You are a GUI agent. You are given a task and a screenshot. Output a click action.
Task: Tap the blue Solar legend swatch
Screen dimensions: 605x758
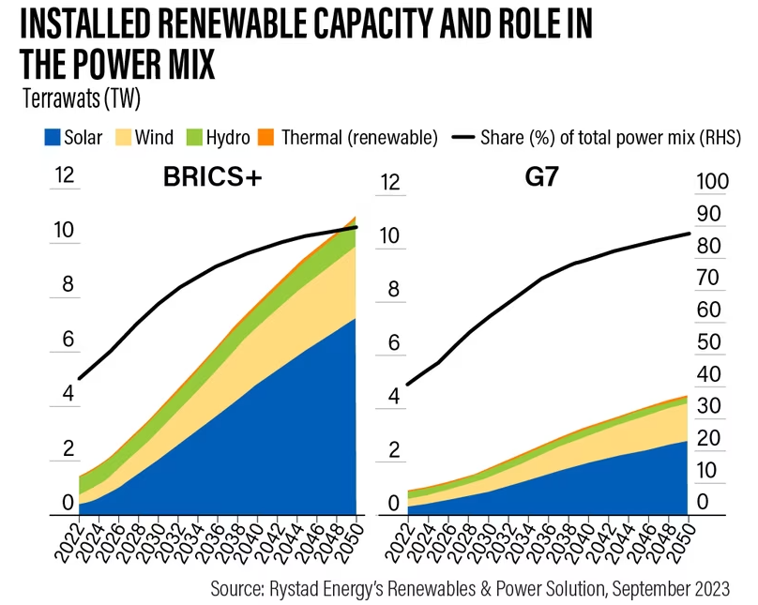[53, 138]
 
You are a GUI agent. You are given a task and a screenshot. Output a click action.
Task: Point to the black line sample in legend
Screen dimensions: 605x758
[462, 138]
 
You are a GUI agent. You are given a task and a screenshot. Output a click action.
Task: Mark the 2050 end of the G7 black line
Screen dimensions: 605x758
[690, 234]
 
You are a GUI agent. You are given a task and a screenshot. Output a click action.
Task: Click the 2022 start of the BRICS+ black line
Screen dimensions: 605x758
[79, 379]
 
